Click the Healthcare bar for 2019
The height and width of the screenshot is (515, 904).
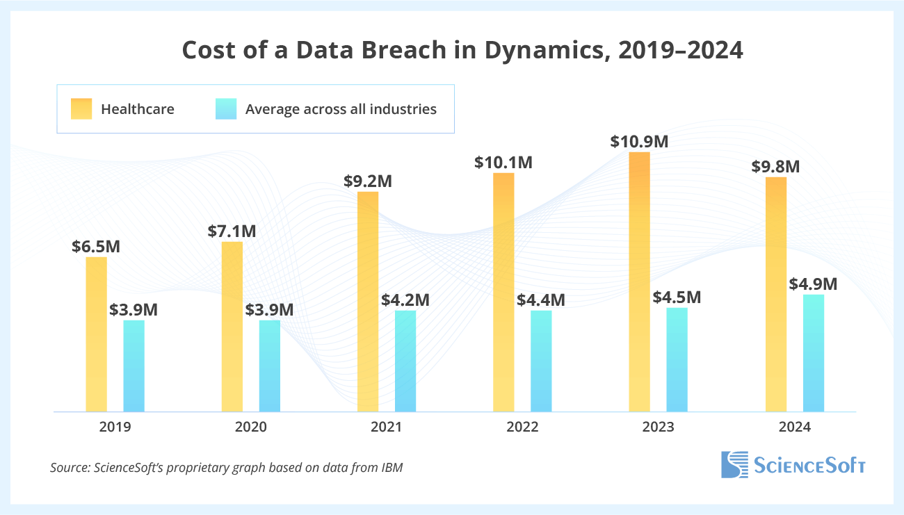pyautogui.click(x=96, y=334)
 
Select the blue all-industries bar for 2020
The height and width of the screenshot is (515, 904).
pyautogui.click(x=270, y=366)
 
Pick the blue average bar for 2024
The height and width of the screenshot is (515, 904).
pyautogui.click(x=814, y=353)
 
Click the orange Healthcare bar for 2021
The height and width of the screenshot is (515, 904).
pyautogui.click(x=368, y=301)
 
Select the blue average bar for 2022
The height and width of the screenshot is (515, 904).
pyautogui.click(x=541, y=361)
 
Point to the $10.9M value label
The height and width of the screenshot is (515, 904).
pyautogui.click(x=639, y=141)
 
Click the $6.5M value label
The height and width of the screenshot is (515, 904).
pyautogui.click(x=96, y=246)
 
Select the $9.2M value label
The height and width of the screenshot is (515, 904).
pyautogui.click(x=368, y=181)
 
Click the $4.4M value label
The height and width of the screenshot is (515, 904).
pyautogui.click(x=541, y=300)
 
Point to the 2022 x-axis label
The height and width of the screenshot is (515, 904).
pyautogui.click(x=522, y=427)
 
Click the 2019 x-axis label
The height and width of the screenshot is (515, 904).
pyautogui.click(x=115, y=427)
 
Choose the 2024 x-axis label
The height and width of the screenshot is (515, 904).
pyautogui.click(x=796, y=427)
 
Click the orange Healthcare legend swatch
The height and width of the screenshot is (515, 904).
pyautogui.click(x=81, y=109)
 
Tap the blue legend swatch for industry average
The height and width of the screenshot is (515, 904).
pyautogui.click(x=226, y=109)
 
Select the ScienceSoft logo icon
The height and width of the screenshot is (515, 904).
pyautogui.click(x=734, y=464)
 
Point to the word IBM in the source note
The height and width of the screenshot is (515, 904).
pyautogui.click(x=391, y=468)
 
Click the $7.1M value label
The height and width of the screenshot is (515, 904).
pyautogui.click(x=232, y=231)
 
